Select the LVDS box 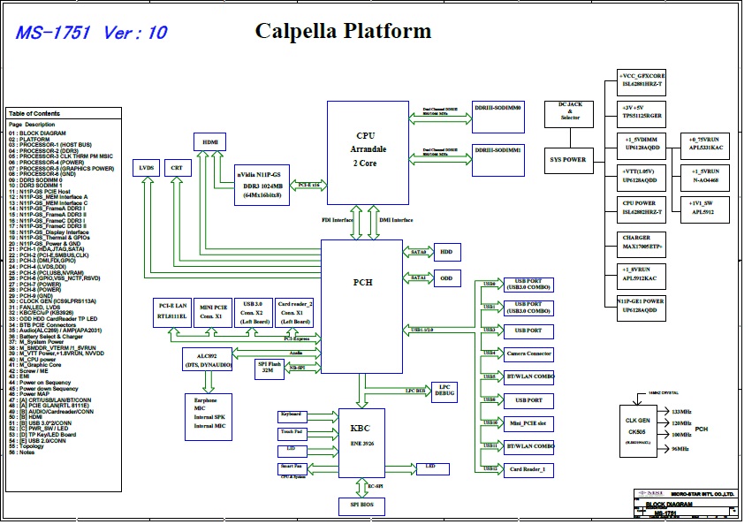click(146, 166)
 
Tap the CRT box click(178, 166)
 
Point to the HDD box click(447, 252)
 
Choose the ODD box click(447, 277)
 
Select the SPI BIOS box click(361, 505)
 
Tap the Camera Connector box click(528, 353)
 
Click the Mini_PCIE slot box click(528, 423)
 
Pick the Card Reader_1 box click(528, 469)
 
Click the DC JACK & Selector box click(570, 112)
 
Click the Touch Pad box click(292, 432)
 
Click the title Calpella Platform click(343, 32)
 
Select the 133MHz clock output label click(681, 413)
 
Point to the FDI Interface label click(338, 220)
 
